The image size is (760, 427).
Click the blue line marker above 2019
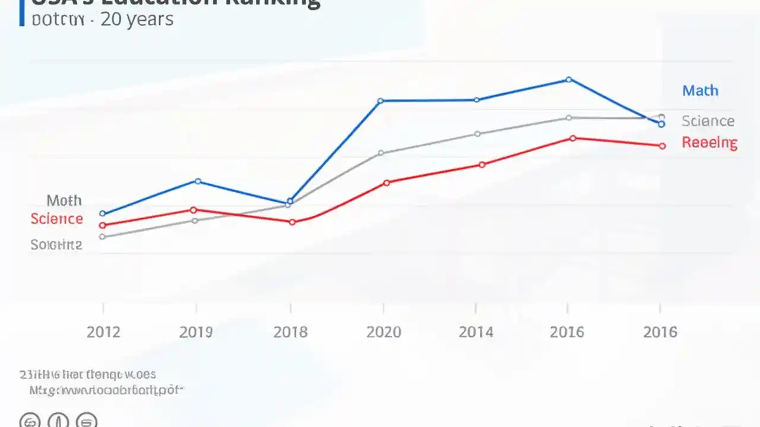tap(198, 181)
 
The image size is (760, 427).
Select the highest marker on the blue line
tap(569, 79)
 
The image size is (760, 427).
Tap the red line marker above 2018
tap(292, 222)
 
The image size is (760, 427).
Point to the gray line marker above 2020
tap(381, 153)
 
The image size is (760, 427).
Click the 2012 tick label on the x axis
tap(103, 332)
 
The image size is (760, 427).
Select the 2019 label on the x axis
tap(196, 332)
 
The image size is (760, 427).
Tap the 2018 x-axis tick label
tap(290, 332)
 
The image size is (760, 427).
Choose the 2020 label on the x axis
tap(384, 332)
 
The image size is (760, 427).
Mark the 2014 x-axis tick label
tap(476, 332)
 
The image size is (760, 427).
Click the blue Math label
tap(700, 91)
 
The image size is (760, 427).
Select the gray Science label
tap(708, 121)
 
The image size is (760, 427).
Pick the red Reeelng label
tap(710, 142)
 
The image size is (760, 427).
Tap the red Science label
tap(56, 219)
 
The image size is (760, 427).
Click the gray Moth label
tap(64, 200)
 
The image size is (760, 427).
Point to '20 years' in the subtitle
tap(137, 19)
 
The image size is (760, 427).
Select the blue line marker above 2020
tap(381, 101)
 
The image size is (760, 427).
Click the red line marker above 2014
tap(482, 164)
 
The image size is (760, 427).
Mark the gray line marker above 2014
tap(477, 134)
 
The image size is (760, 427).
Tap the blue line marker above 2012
tap(102, 213)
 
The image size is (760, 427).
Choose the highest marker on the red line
tap(572, 138)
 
